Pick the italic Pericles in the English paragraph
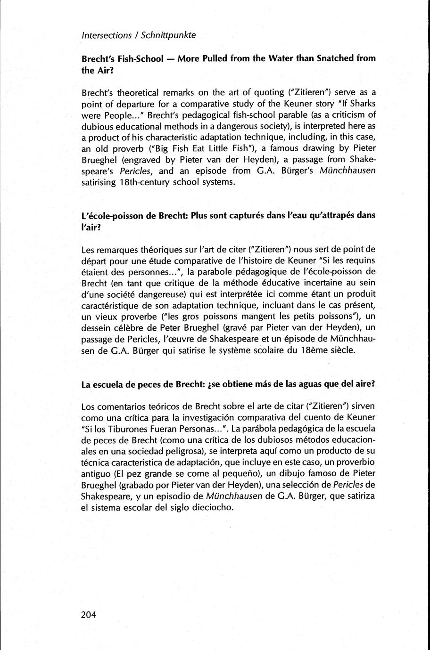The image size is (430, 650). (x=142, y=171)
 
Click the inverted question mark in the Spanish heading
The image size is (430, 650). (x=209, y=384)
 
